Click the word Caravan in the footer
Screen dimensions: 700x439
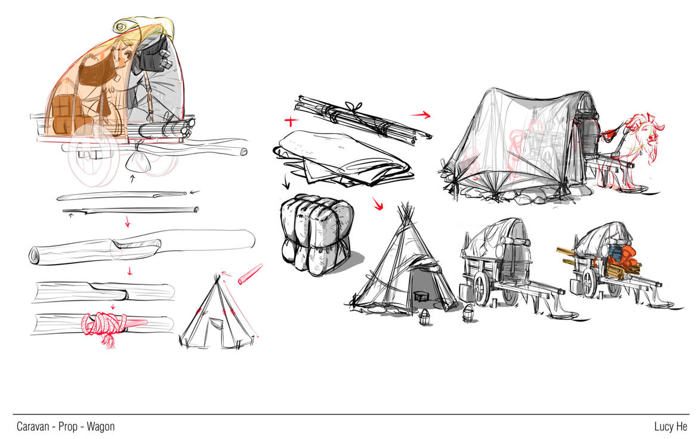(33, 426)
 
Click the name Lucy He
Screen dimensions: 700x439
(671, 426)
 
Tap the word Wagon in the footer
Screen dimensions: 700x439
(100, 427)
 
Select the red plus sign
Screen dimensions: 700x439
(291, 121)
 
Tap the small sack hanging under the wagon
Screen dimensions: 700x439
(137, 160)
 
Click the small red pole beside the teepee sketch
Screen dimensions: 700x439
(250, 274)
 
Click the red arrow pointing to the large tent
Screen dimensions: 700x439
(421, 115)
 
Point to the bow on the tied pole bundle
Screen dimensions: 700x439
(355, 108)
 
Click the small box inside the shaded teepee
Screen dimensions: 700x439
(420, 296)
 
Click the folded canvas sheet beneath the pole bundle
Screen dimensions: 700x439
(341, 158)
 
